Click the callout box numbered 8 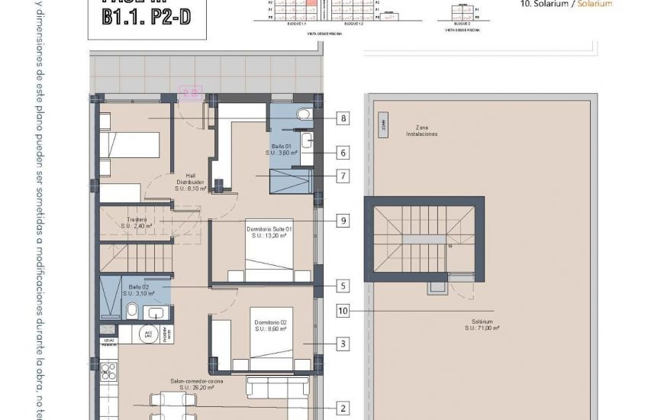(343, 118)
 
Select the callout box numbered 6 (343, 153)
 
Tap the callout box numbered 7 (343, 176)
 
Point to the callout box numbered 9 (343, 221)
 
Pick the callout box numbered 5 (343, 286)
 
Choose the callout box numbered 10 (343, 311)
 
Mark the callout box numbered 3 (343, 344)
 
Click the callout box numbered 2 (343, 409)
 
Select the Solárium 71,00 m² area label (482, 325)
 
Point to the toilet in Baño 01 (304, 115)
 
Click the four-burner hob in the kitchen (108, 372)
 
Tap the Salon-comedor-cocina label (197, 383)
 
